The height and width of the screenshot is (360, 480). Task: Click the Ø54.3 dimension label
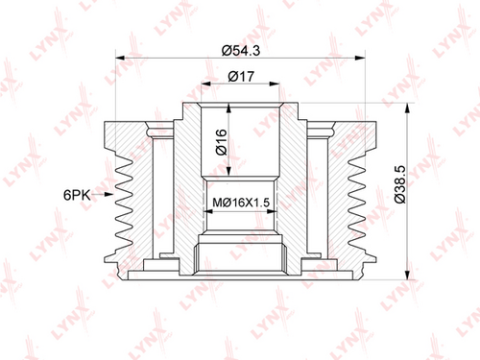point(241,50)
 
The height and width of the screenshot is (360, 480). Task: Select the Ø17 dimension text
point(241,77)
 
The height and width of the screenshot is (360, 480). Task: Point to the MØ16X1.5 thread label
point(241,203)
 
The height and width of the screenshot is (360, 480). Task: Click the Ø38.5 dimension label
point(400,184)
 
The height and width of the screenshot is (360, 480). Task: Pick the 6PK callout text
point(77,195)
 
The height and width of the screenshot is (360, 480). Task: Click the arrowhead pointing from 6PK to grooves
point(108,194)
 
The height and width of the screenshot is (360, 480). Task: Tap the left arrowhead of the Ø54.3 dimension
point(120,58)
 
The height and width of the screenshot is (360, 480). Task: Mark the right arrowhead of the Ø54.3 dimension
point(360,58)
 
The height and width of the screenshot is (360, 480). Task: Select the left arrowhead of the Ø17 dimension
point(206,84)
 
